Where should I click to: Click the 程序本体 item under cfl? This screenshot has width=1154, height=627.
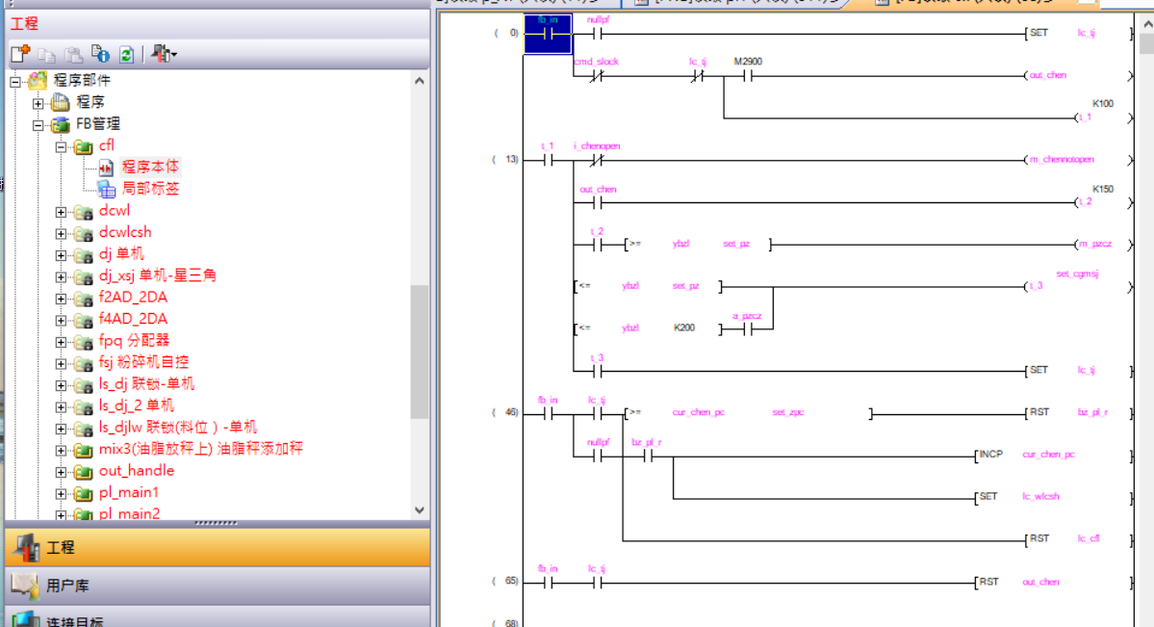click(150, 168)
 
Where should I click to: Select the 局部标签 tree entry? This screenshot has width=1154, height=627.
click(150, 189)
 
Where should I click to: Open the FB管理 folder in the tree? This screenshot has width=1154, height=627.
click(98, 124)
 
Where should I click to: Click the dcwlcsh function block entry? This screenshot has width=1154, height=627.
click(125, 232)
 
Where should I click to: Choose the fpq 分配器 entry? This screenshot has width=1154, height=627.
click(134, 340)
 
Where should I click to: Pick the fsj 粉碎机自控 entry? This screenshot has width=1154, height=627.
click(143, 362)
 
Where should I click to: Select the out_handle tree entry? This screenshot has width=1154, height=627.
click(136, 471)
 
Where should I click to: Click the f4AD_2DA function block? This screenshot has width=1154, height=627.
click(133, 319)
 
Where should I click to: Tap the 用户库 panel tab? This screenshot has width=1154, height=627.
click(67, 585)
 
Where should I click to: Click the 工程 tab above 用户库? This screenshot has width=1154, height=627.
click(60, 547)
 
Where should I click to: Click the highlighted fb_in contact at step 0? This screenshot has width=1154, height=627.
click(548, 34)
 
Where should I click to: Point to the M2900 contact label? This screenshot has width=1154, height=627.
click(748, 62)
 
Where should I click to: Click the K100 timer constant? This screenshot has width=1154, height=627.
click(1102, 103)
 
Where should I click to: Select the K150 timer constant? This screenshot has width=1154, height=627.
click(1102, 189)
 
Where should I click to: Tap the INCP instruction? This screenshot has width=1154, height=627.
click(991, 454)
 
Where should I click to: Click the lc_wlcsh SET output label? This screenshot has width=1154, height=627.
click(1040, 497)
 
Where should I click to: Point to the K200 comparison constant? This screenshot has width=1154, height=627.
click(684, 328)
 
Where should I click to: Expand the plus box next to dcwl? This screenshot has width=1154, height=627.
click(62, 211)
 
